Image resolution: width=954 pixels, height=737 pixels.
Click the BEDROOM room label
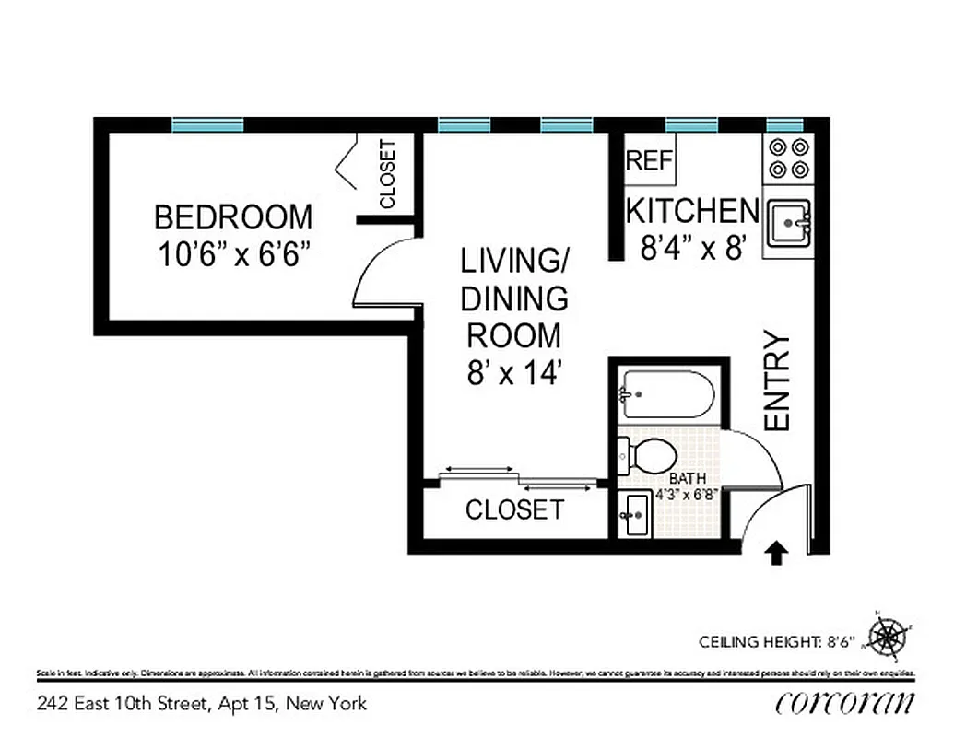pos(233,218)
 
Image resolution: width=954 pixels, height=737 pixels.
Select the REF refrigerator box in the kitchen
pos(650,160)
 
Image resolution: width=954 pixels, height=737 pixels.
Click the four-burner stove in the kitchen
pos(788,158)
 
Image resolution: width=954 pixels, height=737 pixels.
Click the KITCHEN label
pos(692,211)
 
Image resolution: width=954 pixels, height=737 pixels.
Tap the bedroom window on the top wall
pos(207,124)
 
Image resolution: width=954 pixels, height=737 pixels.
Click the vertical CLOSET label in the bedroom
pos(387,174)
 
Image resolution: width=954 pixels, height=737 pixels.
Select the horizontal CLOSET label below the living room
pos(513,509)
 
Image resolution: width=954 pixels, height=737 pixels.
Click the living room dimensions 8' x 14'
pos(513,373)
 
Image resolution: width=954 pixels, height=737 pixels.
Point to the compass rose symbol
pos(889,636)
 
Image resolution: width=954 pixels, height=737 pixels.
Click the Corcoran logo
pos(845,702)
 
